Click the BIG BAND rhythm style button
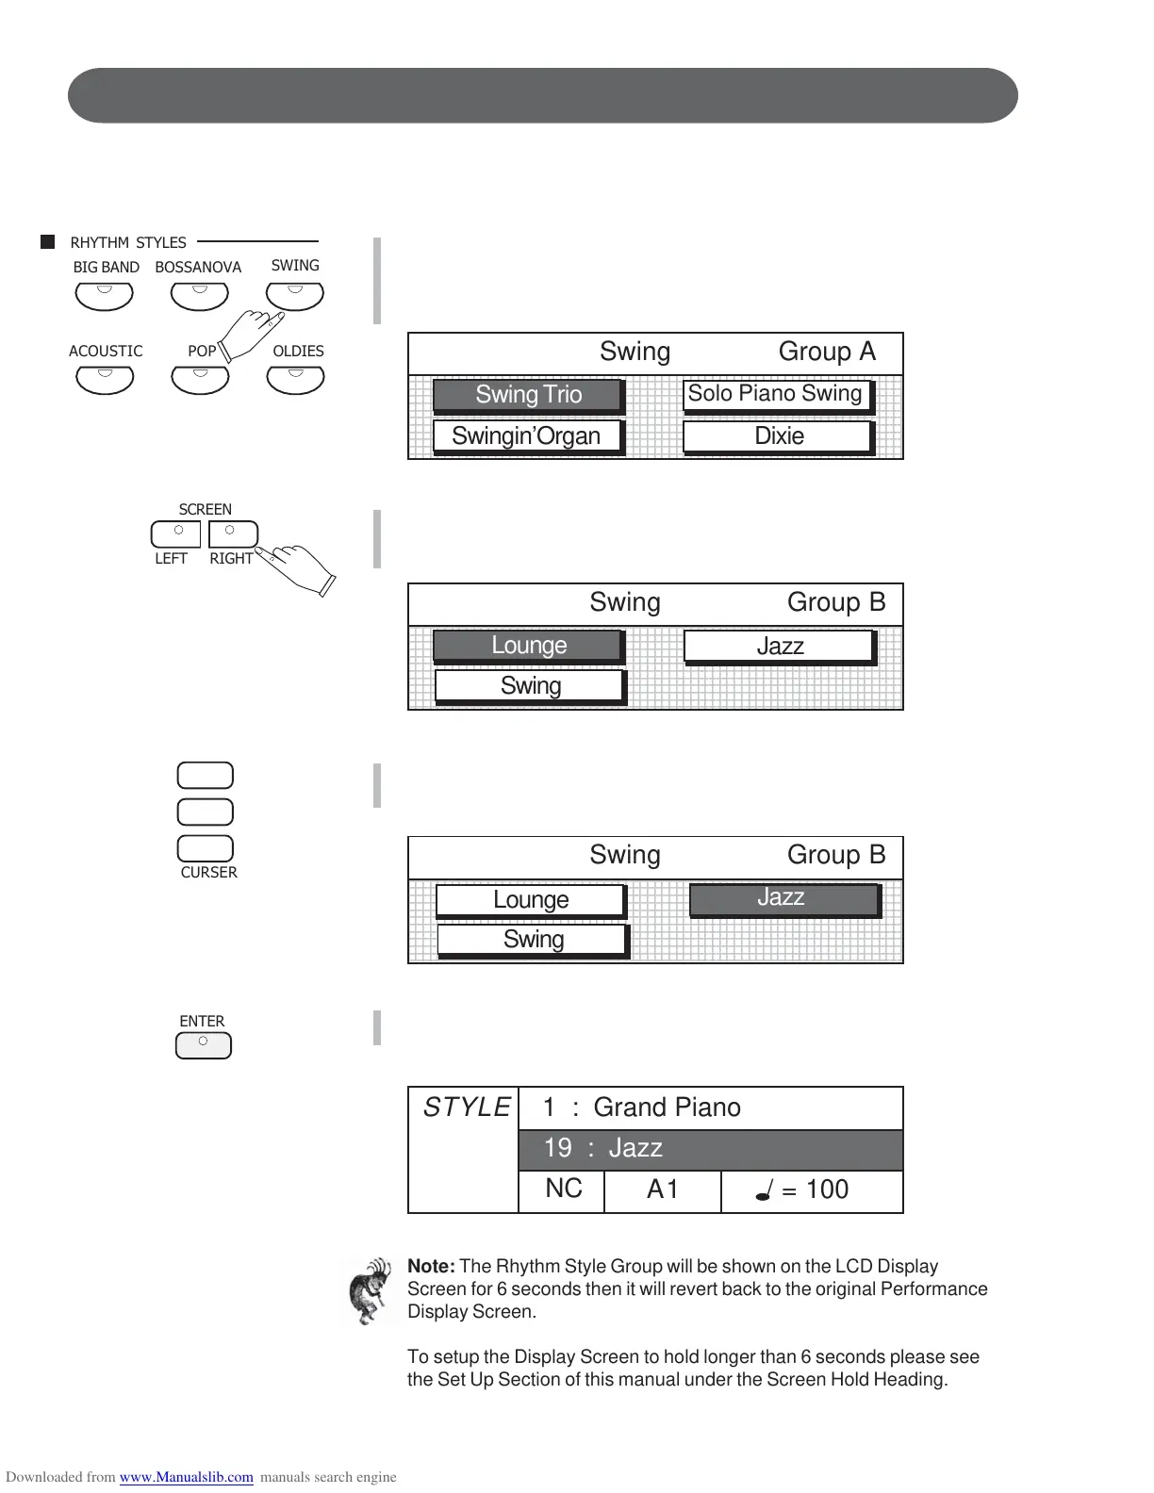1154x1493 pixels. coord(105,295)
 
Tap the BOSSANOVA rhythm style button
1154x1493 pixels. coord(199,295)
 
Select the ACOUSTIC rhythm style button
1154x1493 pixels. coord(105,379)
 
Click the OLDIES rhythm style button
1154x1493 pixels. coord(295,379)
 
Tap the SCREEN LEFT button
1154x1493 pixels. coord(176,534)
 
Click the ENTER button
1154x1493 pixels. coord(203,1046)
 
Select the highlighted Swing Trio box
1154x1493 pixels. coord(528,395)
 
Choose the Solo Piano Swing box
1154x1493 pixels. coord(776,395)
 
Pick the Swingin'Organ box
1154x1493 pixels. coord(527,436)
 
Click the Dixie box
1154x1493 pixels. coord(778,436)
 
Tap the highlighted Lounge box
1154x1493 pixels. coord(528,646)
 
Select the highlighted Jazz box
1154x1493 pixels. coord(783,898)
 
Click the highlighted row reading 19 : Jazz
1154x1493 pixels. coord(710,1149)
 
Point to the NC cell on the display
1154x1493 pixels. coord(563,1190)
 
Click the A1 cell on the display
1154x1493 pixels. coord(662,1190)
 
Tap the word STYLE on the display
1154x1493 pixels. coord(466,1107)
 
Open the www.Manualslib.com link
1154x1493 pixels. coord(186,1477)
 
